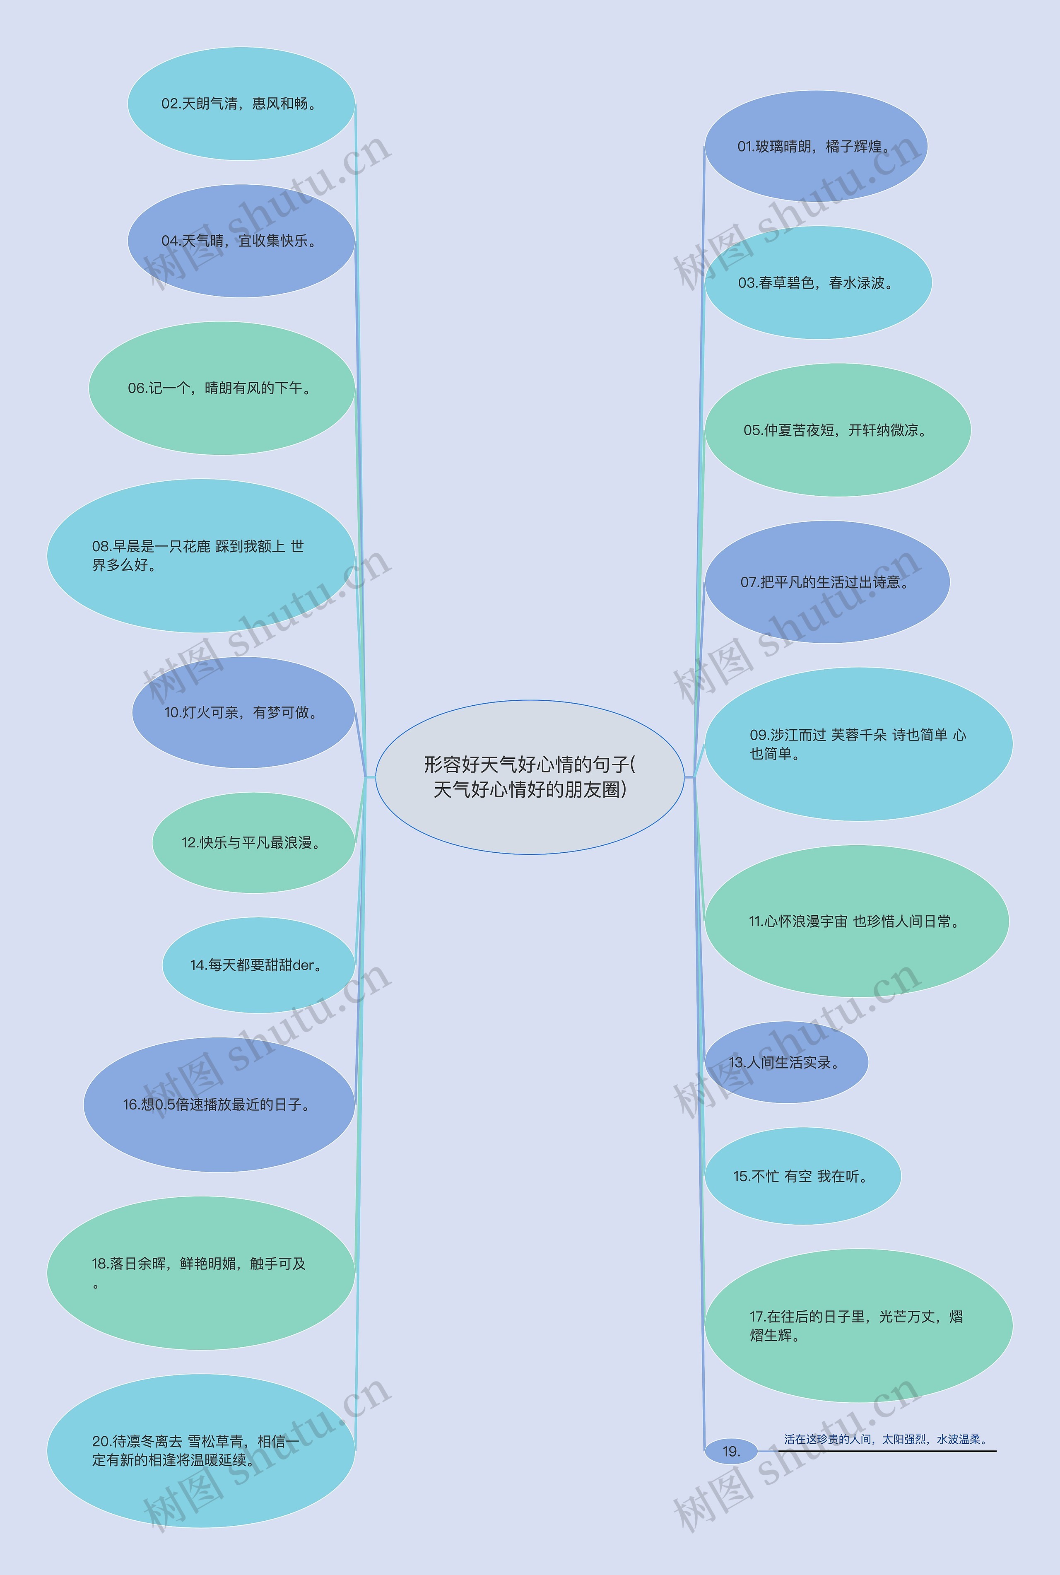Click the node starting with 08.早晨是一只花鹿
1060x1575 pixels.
[x=201, y=556]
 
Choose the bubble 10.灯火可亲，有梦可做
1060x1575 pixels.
[x=243, y=712]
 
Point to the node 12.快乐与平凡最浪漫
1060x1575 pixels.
[x=253, y=842]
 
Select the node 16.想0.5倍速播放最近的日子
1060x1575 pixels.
[x=219, y=1105]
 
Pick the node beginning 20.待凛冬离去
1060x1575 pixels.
[x=201, y=1451]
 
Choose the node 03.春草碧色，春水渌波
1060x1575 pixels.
[x=818, y=282]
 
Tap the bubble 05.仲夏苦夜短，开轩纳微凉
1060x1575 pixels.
[x=838, y=430]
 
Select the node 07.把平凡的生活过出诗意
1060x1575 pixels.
[x=827, y=582]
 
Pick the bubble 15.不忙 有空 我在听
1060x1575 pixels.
[x=802, y=1176]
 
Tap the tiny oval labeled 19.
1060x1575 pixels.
[x=731, y=1451]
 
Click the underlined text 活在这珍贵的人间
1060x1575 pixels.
[x=886, y=1439]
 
